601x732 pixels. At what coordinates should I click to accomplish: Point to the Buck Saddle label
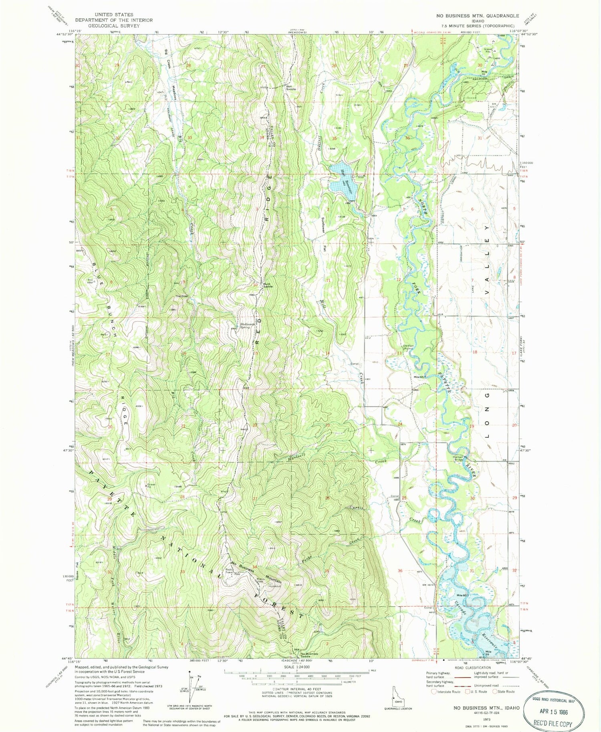tap(268, 285)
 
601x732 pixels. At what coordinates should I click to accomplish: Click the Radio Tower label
tap(230, 571)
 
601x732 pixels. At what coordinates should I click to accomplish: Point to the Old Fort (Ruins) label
tap(408, 347)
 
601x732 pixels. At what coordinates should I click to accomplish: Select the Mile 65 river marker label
tap(419, 377)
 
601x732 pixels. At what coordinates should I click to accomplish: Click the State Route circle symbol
tap(495, 692)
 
